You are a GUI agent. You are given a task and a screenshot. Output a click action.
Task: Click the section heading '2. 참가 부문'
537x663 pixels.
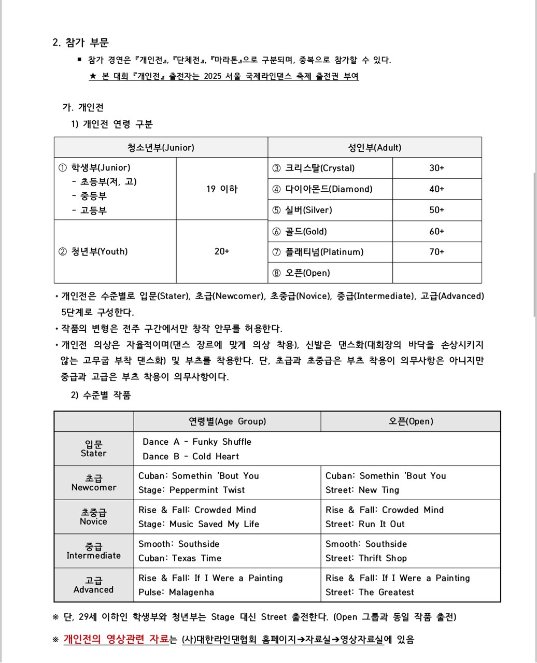coord(80,43)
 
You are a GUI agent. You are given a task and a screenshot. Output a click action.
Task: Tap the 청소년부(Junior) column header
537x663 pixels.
coord(161,148)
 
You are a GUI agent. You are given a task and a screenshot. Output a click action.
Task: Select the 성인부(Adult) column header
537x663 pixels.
coord(374,148)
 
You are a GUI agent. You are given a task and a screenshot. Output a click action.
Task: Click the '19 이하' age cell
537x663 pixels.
coord(222,189)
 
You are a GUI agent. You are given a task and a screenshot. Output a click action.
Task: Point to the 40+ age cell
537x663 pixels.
coord(436,189)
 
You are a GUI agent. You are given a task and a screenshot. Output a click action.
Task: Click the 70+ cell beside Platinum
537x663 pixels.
coord(436,252)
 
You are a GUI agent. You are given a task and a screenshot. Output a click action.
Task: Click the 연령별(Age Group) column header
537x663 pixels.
coord(227,421)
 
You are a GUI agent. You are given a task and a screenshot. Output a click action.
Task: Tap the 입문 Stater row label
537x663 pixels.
coord(93,448)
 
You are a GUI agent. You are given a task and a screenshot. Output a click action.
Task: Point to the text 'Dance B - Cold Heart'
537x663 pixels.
coord(191,457)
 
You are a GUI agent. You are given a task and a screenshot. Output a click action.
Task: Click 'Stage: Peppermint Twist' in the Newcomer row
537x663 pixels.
coord(191,490)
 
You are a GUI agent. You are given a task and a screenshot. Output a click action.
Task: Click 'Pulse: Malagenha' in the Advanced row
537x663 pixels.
coord(176,593)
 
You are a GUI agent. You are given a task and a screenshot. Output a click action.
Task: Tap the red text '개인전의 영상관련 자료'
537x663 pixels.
coord(116,639)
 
